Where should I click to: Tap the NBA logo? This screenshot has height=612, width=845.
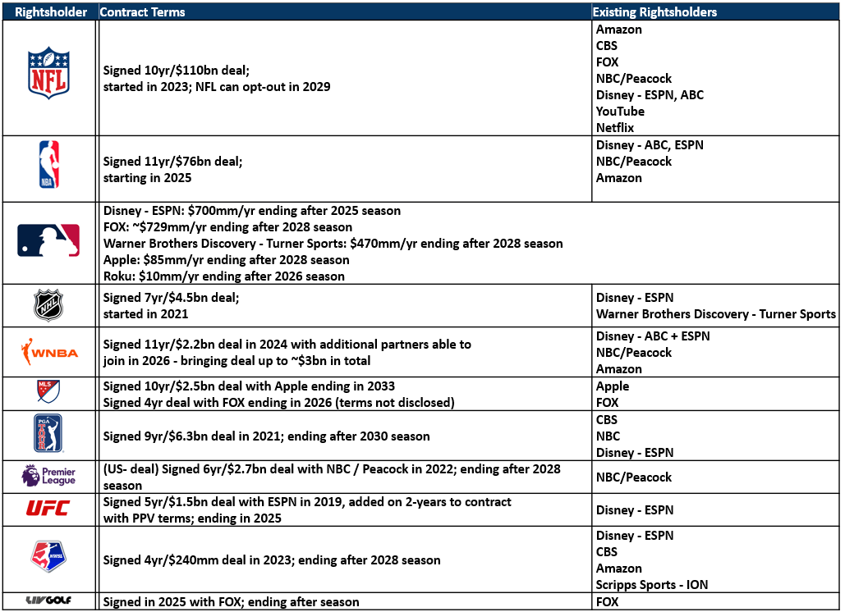[x=48, y=168]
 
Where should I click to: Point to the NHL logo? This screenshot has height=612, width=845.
[x=48, y=305]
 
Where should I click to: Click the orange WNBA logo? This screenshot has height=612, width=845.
[x=48, y=352]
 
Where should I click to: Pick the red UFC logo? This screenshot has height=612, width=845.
[x=48, y=509]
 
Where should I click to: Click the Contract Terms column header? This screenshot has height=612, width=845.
[x=142, y=12]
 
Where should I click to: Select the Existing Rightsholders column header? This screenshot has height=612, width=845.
[x=655, y=12]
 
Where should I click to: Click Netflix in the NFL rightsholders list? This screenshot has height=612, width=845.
[x=615, y=128]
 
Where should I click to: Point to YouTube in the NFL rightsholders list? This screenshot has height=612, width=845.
[x=620, y=112]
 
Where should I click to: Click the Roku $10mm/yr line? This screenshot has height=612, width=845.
[x=224, y=276]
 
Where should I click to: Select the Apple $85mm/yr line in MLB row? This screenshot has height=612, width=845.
[x=226, y=260]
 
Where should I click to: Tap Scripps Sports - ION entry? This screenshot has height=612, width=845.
[x=652, y=585]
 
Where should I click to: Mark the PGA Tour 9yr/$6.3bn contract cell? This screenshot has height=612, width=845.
[x=266, y=436]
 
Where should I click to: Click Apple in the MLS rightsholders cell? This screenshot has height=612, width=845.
[x=613, y=386]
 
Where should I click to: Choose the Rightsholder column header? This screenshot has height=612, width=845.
[x=48, y=12]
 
